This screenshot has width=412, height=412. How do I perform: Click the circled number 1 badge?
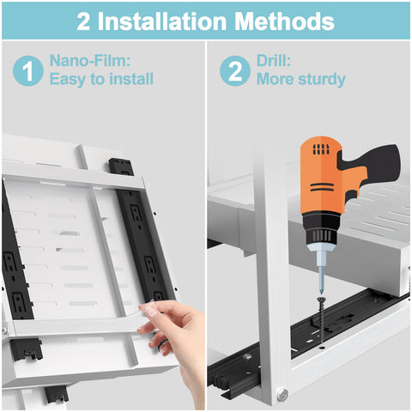tap(27, 70)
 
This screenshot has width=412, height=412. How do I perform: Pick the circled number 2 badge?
tap(234, 70)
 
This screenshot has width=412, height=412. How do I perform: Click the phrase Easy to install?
tap(101, 80)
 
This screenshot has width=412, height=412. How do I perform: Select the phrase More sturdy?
tap(300, 80)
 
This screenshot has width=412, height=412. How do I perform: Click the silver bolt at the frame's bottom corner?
tap(282, 396)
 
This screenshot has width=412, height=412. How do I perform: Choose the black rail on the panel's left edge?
tap(17, 275)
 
